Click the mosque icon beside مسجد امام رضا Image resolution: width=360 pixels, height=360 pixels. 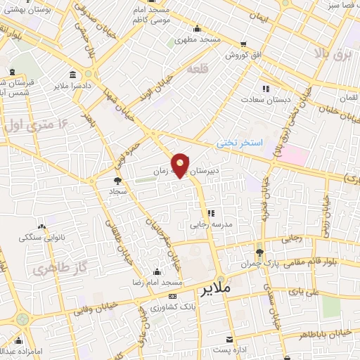[x=157, y=271]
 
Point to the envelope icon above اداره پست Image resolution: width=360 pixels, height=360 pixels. [x=228, y=339]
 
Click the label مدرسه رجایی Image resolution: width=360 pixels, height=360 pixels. [x=209, y=226]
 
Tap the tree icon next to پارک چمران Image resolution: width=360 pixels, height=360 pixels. [x=259, y=252]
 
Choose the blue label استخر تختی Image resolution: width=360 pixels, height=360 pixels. [x=239, y=143]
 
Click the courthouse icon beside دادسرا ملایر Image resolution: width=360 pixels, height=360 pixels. [x=73, y=75]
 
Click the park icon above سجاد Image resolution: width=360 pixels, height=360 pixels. [x=117, y=181]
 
